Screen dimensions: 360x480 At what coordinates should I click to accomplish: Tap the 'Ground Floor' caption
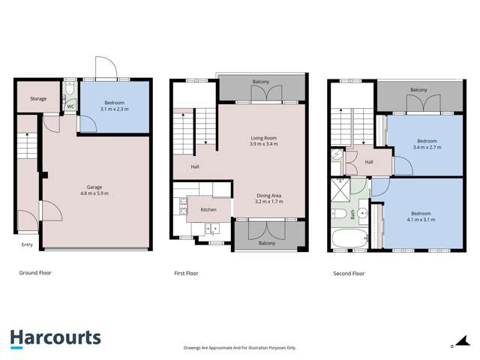[x=35, y=273]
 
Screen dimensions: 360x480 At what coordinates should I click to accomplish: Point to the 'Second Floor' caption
[x=349, y=274]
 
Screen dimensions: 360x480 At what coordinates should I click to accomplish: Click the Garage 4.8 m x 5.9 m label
[x=94, y=190]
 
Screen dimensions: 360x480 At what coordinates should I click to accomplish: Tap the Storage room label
[x=38, y=99]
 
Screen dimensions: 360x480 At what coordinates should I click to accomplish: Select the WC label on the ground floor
[x=70, y=106]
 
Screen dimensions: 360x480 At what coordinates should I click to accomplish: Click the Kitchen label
[x=208, y=209]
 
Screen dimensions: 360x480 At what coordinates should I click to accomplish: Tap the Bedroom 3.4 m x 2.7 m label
[x=427, y=144]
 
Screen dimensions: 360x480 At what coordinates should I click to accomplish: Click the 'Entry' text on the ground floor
[x=27, y=244]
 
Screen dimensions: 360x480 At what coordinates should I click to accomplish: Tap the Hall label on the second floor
[x=369, y=161]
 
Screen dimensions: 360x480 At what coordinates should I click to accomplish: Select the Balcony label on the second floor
[x=419, y=91]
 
